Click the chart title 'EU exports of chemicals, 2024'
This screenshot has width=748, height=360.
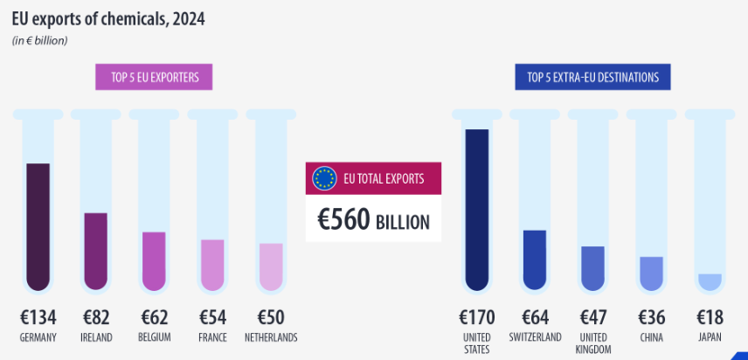108,18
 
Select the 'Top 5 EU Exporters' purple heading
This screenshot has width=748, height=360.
154,78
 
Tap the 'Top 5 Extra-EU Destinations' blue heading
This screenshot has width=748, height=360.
592,78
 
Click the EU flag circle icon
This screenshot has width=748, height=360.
324,178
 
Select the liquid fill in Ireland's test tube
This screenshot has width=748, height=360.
96,251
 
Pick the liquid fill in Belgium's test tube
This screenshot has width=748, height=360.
154,260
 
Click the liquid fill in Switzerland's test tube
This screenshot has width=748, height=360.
534,260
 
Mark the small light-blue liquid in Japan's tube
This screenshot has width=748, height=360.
710,281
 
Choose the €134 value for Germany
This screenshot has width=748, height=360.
38,317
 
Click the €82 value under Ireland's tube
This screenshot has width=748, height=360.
96,317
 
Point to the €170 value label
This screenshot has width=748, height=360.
477,317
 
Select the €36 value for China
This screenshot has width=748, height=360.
652,317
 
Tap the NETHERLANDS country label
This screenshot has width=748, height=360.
271,337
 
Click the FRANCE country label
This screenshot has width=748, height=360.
212,337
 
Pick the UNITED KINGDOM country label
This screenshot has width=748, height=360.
594,343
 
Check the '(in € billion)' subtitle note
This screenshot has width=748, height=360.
39,40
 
